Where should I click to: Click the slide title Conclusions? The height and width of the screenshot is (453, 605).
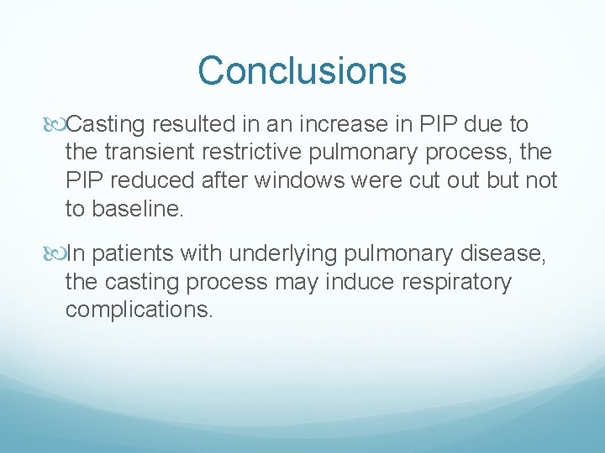click(302, 70)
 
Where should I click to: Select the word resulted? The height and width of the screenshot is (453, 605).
click(185, 125)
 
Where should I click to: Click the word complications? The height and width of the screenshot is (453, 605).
click(139, 309)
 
